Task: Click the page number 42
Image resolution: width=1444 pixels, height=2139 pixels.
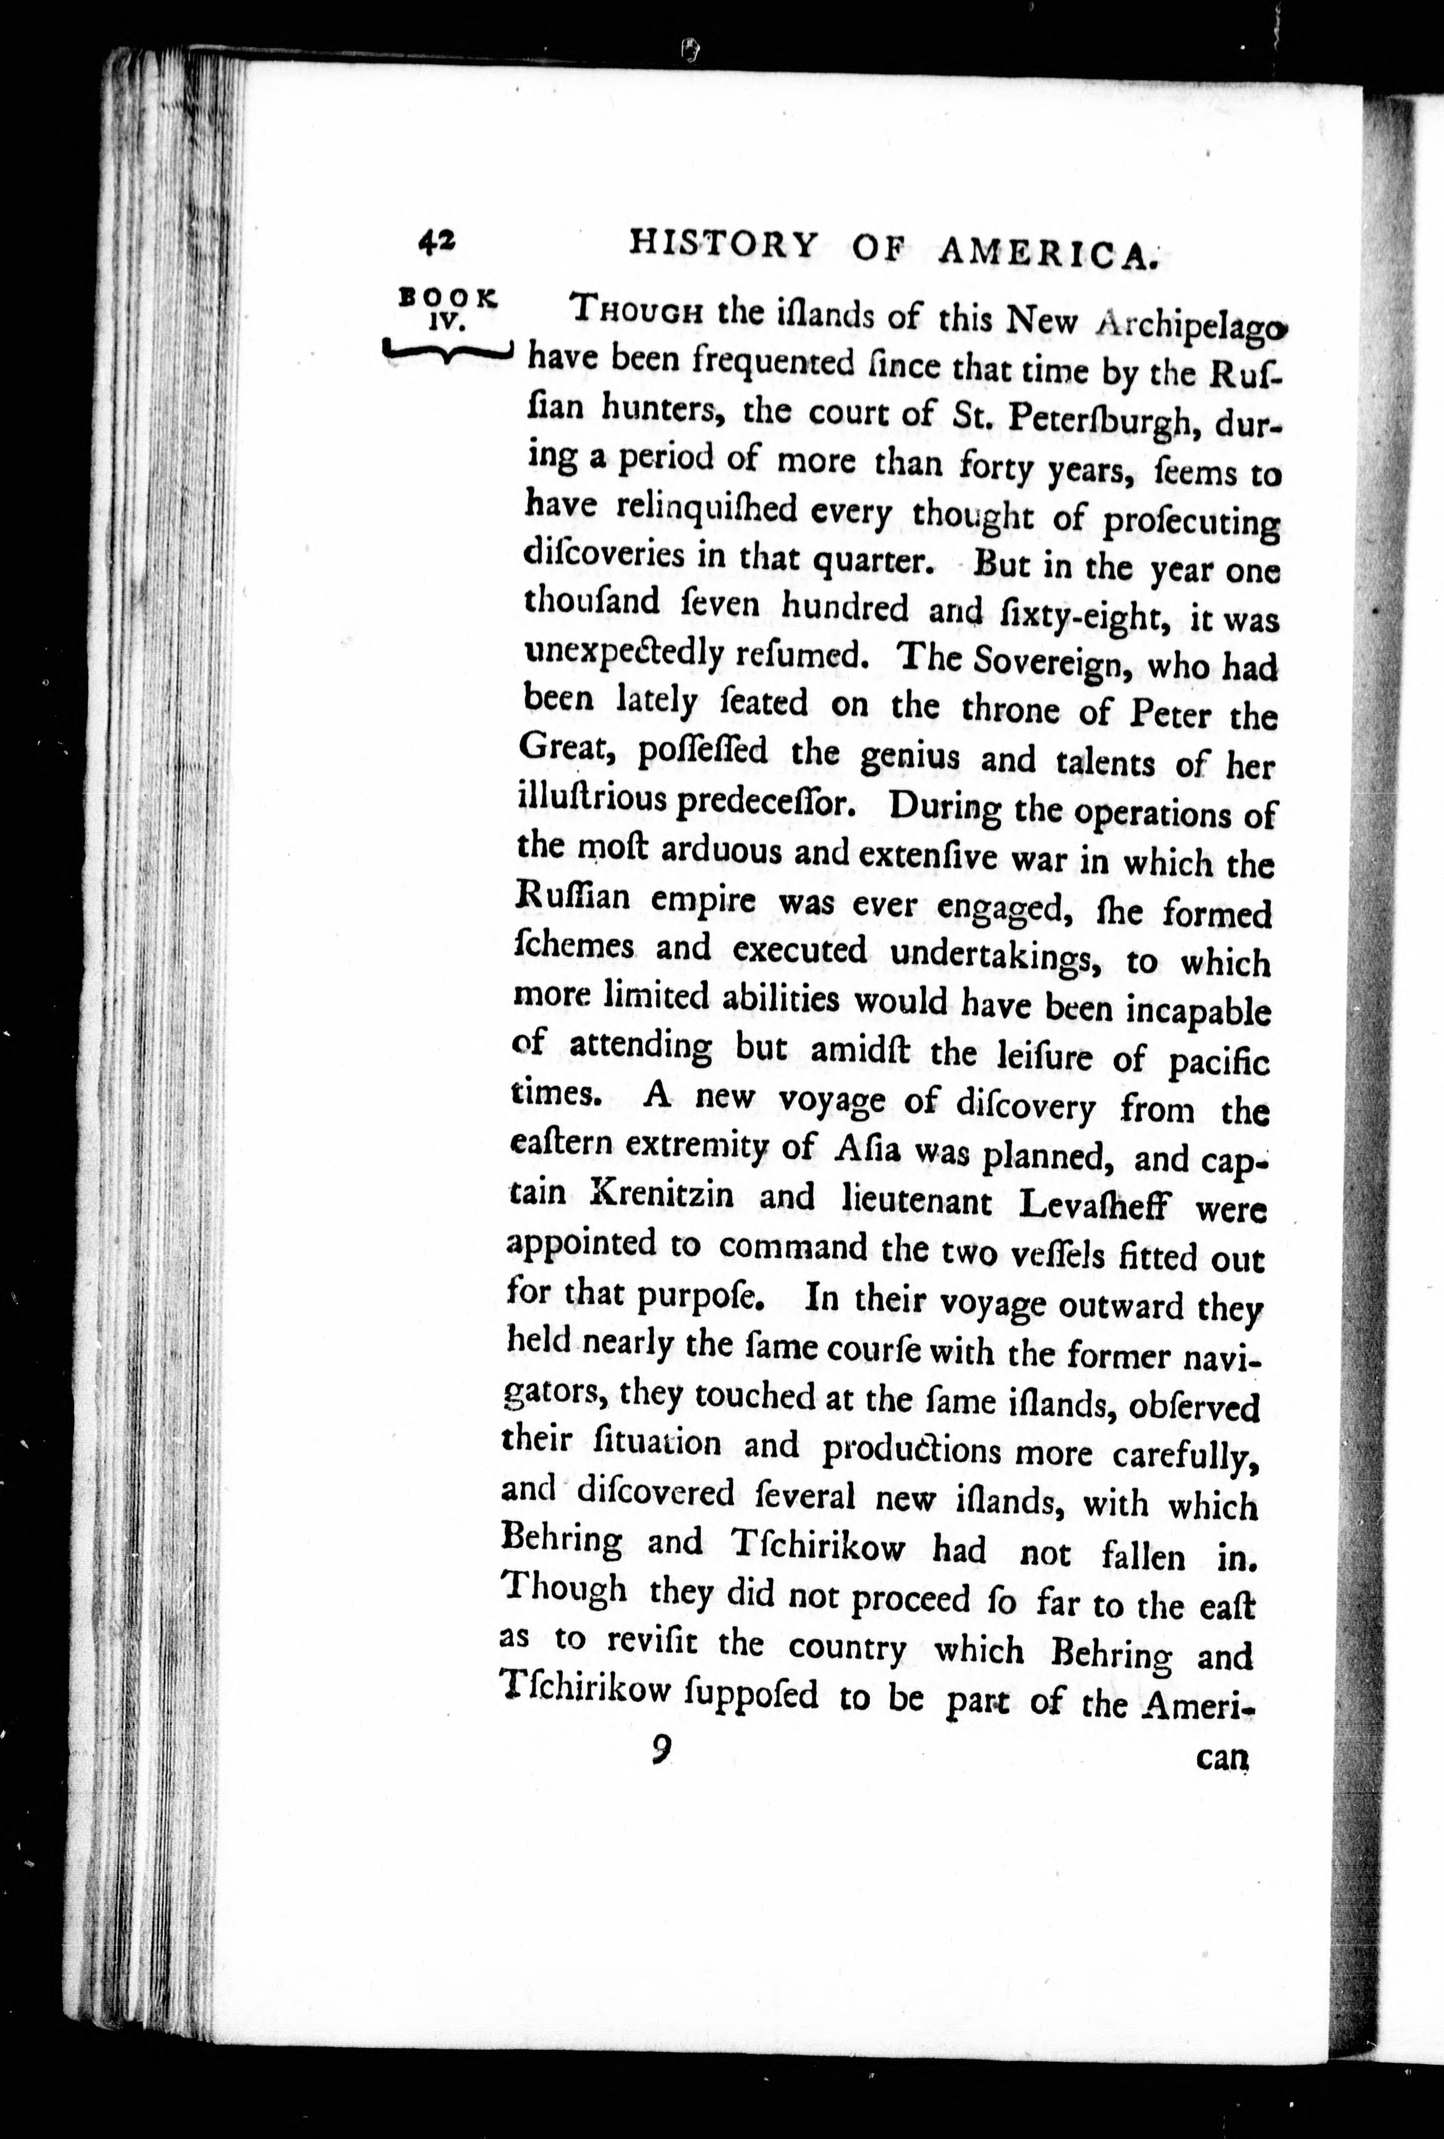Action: [435, 243]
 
